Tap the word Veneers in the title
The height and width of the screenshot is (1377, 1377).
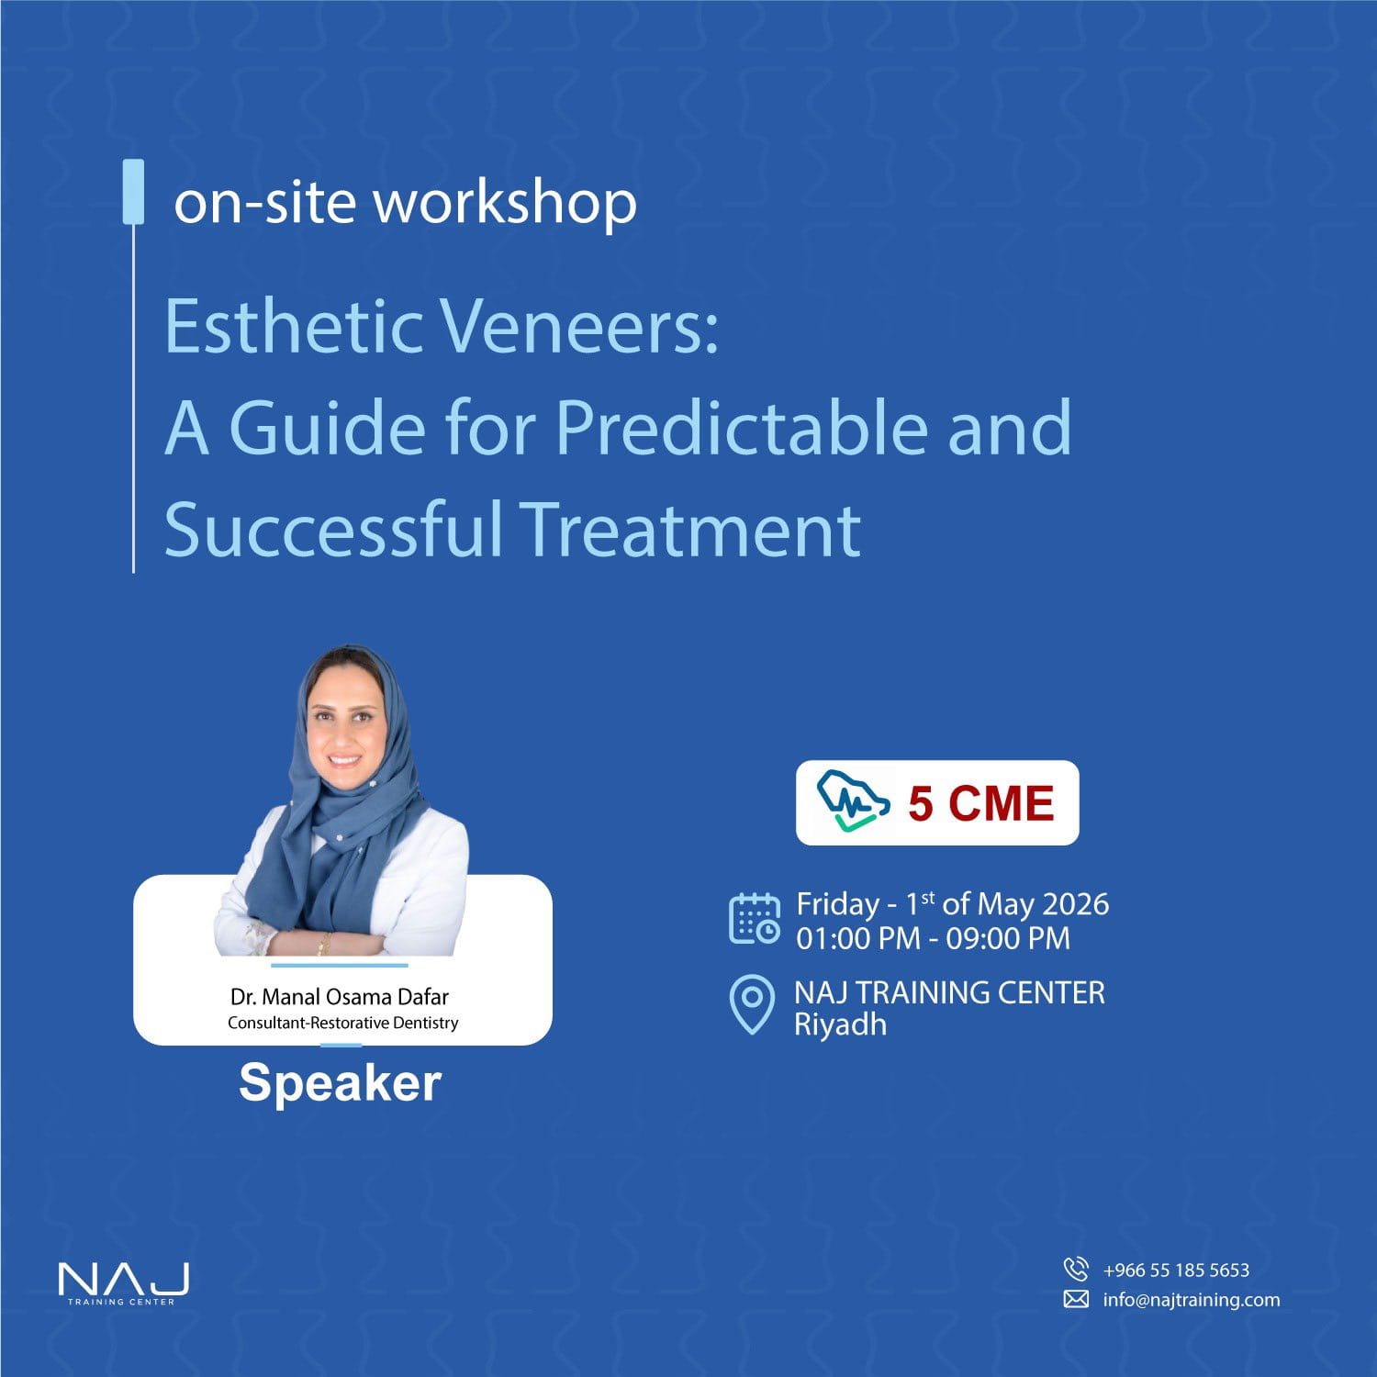579,327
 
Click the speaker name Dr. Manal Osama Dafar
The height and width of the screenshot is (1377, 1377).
340,997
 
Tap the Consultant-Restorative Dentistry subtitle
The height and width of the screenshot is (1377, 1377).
343,1023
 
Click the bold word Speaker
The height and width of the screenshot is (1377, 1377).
341,1083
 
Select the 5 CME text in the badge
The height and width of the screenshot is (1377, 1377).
980,803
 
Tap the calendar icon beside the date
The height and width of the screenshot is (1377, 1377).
755,919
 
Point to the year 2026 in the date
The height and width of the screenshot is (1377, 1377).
1076,904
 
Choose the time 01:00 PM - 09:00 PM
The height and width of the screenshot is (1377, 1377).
933,938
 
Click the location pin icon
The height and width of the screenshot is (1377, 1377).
752,1004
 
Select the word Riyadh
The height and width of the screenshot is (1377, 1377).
840,1024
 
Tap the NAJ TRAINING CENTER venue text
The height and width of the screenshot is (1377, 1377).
949,992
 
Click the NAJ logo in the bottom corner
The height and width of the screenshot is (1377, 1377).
123,1282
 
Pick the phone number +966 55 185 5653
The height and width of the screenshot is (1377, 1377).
1176,1270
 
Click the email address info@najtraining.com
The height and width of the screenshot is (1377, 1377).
1192,1299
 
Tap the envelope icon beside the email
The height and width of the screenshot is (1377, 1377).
1076,1299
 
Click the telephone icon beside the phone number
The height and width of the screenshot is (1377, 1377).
1076,1269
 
